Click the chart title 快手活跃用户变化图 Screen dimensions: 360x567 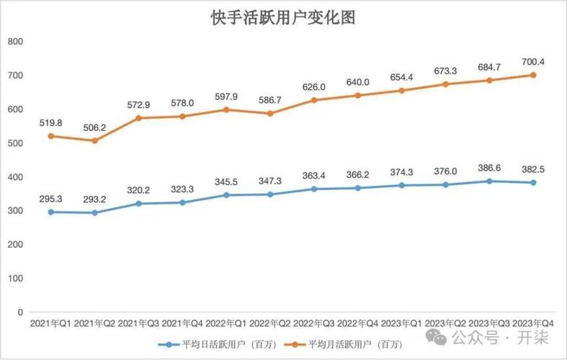[283, 18]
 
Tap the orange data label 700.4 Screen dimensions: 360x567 [534, 62]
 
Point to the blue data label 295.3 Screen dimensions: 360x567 [50, 199]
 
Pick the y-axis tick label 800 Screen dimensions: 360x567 [14, 42]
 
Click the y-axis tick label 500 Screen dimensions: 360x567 [14, 143]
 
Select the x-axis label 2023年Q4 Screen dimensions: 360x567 [534, 325]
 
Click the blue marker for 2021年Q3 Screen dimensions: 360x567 [137, 204]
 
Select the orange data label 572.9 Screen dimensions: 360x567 [138, 104]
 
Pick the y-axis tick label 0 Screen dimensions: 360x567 [20, 312]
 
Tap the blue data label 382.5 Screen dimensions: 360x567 [534, 169]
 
